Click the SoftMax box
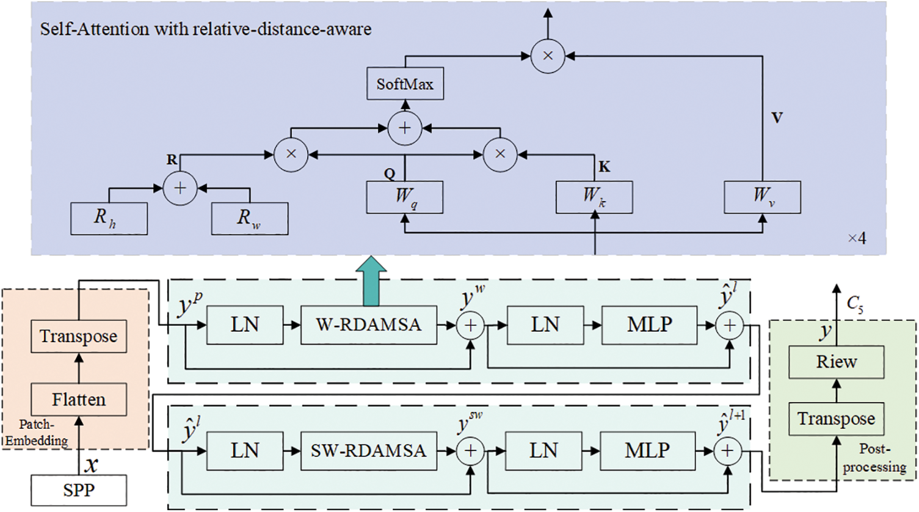(x=405, y=84)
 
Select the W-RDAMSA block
(x=368, y=325)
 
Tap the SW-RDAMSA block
(x=368, y=451)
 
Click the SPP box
(x=79, y=490)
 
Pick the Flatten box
(x=79, y=400)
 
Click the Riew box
(x=836, y=362)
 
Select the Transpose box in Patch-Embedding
(x=79, y=336)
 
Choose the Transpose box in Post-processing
(x=836, y=419)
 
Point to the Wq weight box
(x=404, y=197)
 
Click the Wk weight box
(x=594, y=197)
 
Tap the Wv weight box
(x=762, y=197)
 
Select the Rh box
(x=109, y=218)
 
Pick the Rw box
(x=249, y=218)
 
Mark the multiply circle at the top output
(x=548, y=56)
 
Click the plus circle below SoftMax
(x=405, y=128)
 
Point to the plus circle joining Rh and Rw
(x=180, y=188)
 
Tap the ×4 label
(x=857, y=238)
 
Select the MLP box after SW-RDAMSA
(x=647, y=451)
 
